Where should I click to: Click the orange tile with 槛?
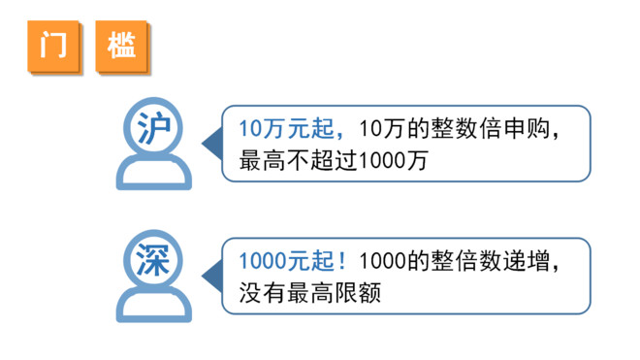tap(122, 45)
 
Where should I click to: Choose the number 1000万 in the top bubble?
tap(392, 158)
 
